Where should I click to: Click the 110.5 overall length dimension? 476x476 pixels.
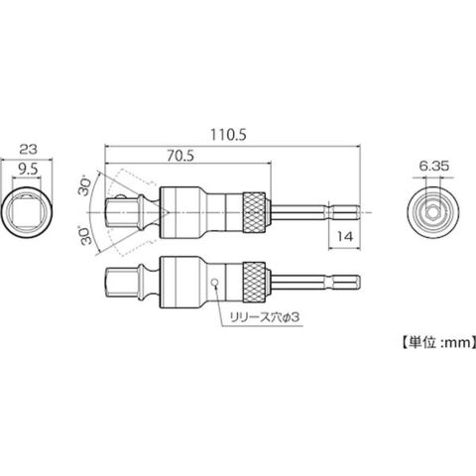[x=229, y=135]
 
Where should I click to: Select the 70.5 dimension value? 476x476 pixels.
[x=180, y=156]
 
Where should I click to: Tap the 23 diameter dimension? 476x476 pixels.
[x=28, y=150]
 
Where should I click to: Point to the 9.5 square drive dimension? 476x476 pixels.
[x=28, y=170]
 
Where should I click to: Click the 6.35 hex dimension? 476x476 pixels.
[x=434, y=166]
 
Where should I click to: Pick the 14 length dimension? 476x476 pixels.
[x=344, y=237]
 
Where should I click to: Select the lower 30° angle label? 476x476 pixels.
[x=86, y=235]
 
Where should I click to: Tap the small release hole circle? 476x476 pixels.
[x=215, y=282]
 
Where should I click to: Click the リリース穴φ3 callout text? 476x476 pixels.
[x=265, y=317]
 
